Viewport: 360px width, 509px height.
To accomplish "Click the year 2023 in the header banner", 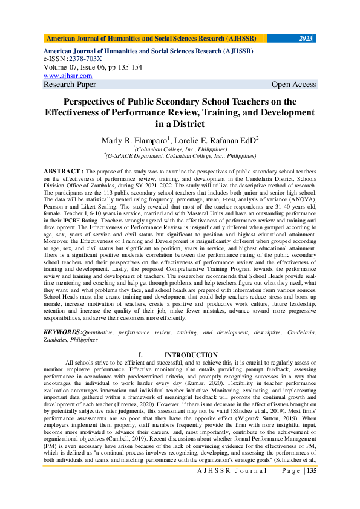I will [x=306, y=38].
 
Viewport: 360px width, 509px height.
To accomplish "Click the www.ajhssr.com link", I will [x=68, y=76].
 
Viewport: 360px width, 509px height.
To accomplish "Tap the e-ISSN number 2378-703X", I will [x=85, y=59].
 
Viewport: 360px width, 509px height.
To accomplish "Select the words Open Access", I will [x=293, y=85].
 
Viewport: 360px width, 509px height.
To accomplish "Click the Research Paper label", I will [x=70, y=85].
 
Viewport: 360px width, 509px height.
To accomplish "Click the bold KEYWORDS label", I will [x=62, y=332].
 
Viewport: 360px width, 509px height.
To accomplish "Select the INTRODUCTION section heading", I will [x=191, y=355].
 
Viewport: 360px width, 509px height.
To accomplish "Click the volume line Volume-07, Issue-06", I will [x=84, y=68].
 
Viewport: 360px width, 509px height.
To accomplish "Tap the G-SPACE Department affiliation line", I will [x=180, y=155].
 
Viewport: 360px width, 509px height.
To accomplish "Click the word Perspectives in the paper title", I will [x=99, y=102].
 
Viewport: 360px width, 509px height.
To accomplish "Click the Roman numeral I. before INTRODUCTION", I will [x=140, y=355].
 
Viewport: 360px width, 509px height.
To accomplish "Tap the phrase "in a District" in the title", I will [x=180, y=125].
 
